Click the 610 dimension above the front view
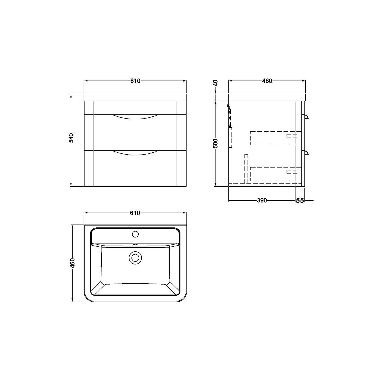pyautogui.click(x=135, y=81)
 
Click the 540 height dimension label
pyautogui.click(x=72, y=138)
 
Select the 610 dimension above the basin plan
pyautogui.click(x=135, y=213)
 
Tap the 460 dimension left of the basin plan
pyautogui.click(x=72, y=263)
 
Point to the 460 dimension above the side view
pyautogui.click(x=267, y=81)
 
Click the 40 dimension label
pyautogui.click(x=216, y=83)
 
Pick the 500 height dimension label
pyautogui.click(x=216, y=144)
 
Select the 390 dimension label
pyautogui.click(x=262, y=200)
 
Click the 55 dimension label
pyautogui.click(x=300, y=200)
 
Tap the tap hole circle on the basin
pyautogui.click(x=135, y=234)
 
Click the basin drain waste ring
pyautogui.click(x=135, y=258)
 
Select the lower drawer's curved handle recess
pyautogui.click(x=135, y=153)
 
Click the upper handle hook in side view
pyautogui.click(x=307, y=117)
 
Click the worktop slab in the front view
pyautogui.click(x=135, y=97)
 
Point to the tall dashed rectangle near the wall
pyautogui.click(x=230, y=137)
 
